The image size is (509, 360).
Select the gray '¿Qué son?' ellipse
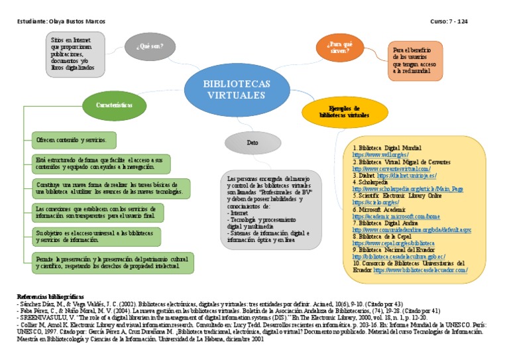click(149, 46)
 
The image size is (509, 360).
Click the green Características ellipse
click(114, 105)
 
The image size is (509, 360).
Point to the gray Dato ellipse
click(253, 142)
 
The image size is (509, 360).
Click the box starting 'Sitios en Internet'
click(75, 54)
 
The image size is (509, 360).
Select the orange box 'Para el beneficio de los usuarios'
click(415, 60)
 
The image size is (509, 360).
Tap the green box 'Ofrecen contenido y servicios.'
click(74, 141)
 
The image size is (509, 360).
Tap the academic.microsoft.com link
click(396, 217)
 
